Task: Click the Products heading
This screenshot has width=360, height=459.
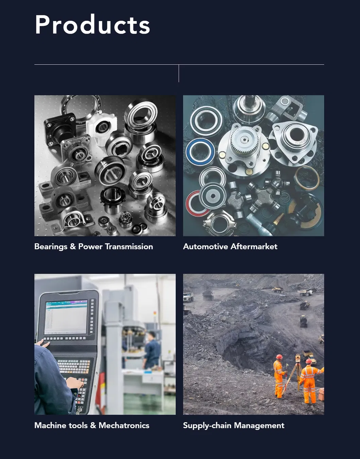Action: (x=92, y=24)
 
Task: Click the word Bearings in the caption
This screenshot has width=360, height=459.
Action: (x=51, y=247)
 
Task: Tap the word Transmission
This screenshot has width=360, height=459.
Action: (x=129, y=247)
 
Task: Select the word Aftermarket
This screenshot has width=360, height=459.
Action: (x=254, y=247)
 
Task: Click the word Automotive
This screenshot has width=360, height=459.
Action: (x=206, y=247)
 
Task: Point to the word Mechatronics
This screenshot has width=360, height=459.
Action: (x=124, y=425)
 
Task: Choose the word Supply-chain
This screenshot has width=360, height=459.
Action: (x=207, y=426)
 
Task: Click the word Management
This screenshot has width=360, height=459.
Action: (x=259, y=426)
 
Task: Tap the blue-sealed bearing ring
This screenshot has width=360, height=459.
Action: (x=200, y=151)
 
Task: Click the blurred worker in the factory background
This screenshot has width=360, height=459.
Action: (x=151, y=351)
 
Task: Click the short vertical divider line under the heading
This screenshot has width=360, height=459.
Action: (x=179, y=73)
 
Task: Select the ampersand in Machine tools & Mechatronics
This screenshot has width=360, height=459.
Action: (x=93, y=425)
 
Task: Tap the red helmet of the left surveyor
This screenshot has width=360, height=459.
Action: (x=279, y=356)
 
